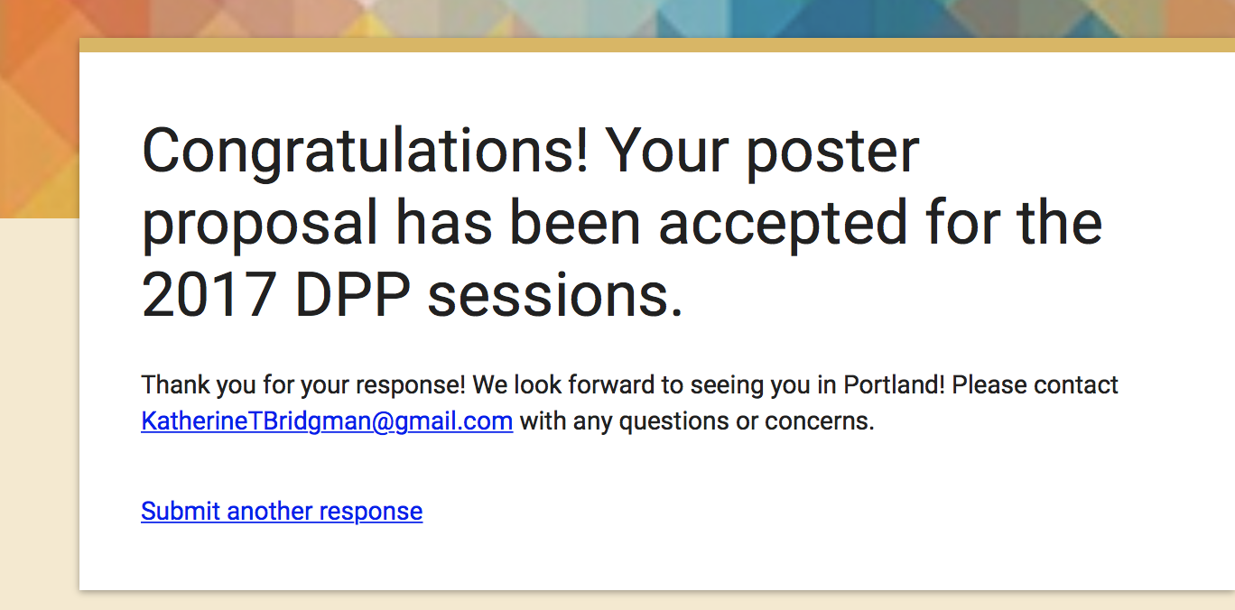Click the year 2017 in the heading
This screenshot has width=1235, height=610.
pos(209,295)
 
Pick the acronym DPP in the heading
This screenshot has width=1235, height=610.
pos(353,295)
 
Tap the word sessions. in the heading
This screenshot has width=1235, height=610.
pos(555,295)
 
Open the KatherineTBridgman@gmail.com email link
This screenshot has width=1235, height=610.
pos(327,421)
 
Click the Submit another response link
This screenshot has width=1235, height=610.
pos(282,512)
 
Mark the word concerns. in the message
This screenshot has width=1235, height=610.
pos(820,421)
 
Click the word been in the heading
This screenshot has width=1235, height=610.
pos(574,223)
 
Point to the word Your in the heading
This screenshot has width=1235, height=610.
pos(667,151)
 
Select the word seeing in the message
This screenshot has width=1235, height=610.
pos(727,385)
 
